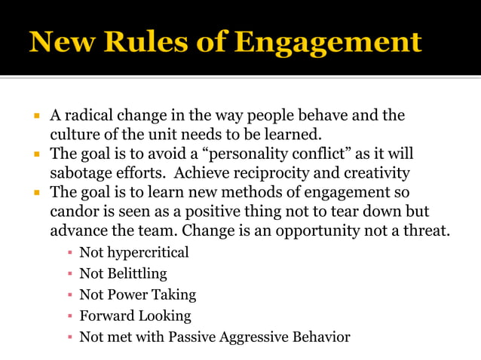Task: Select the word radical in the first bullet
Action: click(x=89, y=116)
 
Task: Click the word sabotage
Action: click(x=81, y=173)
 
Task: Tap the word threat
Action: click(x=428, y=231)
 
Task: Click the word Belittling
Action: click(x=136, y=273)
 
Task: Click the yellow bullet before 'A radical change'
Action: click(x=35, y=116)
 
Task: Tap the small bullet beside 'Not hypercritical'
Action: click(x=69, y=252)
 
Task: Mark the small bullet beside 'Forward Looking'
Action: click(x=69, y=316)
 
